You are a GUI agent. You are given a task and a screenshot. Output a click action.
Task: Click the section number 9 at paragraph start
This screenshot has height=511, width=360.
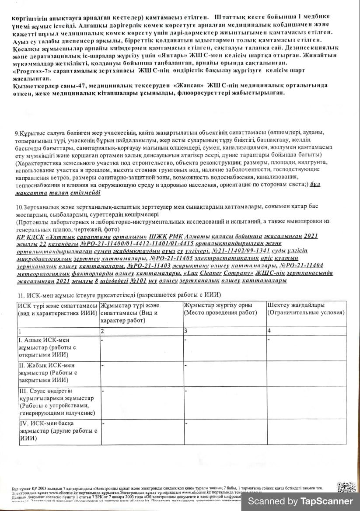pyautogui.click(x=17, y=133)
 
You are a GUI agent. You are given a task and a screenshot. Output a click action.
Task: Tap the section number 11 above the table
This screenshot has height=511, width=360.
pyautogui.click(x=20, y=295)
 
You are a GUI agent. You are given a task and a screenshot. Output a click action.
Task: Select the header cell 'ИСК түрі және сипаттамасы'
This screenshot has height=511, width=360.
pyautogui.click(x=58, y=309)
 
